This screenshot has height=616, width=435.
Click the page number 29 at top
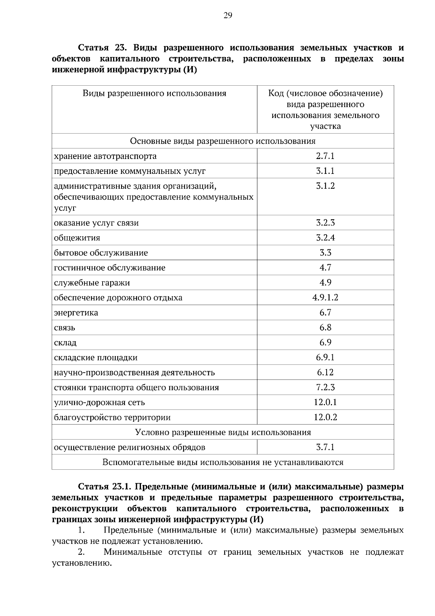pyautogui.click(x=228, y=15)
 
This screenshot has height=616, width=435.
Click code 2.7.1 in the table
pyautogui.click(x=325, y=156)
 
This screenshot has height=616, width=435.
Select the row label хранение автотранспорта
pyautogui.click(x=105, y=156)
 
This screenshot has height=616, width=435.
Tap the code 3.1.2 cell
pyautogui.click(x=325, y=186)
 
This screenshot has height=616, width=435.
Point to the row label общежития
pyautogui.click(x=77, y=238)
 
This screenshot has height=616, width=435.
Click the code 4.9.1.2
pyautogui.click(x=325, y=298)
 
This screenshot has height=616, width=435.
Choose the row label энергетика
pyautogui.click(x=76, y=313)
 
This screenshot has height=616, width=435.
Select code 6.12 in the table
pyautogui.click(x=325, y=372)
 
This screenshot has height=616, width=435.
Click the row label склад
pyautogui.click(x=65, y=343)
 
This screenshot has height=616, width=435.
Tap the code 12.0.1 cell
pyautogui.click(x=325, y=402)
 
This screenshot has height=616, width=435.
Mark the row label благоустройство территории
pyautogui.click(x=112, y=417)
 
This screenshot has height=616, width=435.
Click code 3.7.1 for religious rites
pyautogui.click(x=325, y=447)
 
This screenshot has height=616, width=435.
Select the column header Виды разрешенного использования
pyautogui.click(x=154, y=94)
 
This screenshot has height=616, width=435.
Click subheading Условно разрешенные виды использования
pyautogui.click(x=223, y=432)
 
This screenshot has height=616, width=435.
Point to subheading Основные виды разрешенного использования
pyautogui.click(x=223, y=141)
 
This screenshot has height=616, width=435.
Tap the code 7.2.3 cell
pyautogui.click(x=325, y=387)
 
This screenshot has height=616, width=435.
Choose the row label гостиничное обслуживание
pyautogui.click(x=109, y=268)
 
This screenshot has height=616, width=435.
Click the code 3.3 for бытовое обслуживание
pyautogui.click(x=325, y=253)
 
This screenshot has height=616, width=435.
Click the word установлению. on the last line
pyautogui.click(x=81, y=563)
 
